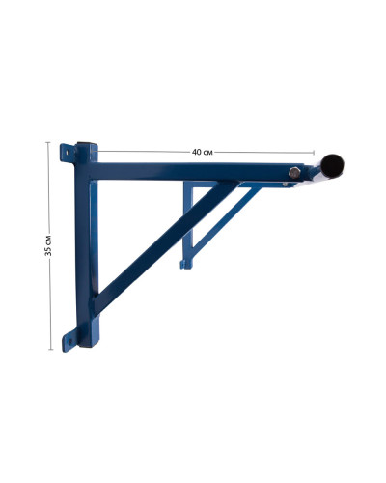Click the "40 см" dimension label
click(203, 152)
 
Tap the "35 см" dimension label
click(48, 245)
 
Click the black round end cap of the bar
click(332, 165)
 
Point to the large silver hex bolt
click(294, 173)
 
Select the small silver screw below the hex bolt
click(285, 185)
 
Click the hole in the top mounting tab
click(67, 152)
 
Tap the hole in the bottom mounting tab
click(69, 341)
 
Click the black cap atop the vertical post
click(86, 143)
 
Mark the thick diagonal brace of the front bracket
click(167, 247)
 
